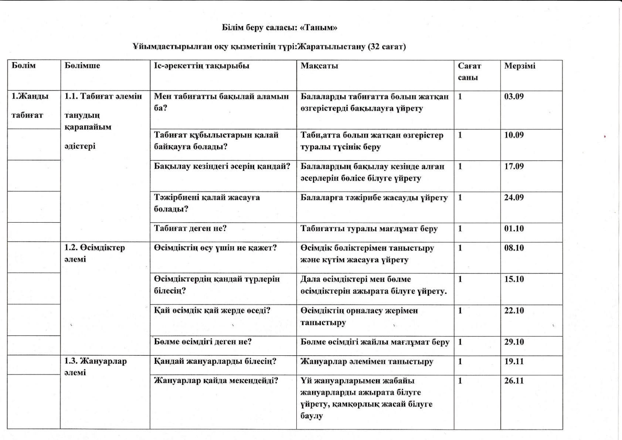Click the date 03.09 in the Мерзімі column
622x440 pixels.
point(514,97)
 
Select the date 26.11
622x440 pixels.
point(514,381)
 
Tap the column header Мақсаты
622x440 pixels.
point(319,66)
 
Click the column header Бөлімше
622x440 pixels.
point(82,66)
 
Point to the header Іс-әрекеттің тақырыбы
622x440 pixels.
point(201,66)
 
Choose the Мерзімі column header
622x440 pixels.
point(520,66)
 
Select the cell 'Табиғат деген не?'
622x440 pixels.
point(190,229)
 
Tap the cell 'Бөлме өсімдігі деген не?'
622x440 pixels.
point(203,342)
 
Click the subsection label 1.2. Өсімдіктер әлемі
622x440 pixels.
point(95,253)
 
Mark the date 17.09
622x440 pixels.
point(514,166)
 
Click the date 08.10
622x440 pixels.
point(514,248)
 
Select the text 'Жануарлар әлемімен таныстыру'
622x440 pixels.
point(367,362)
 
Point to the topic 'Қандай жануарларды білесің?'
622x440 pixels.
point(215,361)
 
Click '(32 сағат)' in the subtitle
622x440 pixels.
point(387,47)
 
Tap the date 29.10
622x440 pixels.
point(514,342)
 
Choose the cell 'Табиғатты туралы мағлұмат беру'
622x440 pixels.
point(369,229)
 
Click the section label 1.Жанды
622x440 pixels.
point(30,97)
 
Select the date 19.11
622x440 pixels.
point(514,361)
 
